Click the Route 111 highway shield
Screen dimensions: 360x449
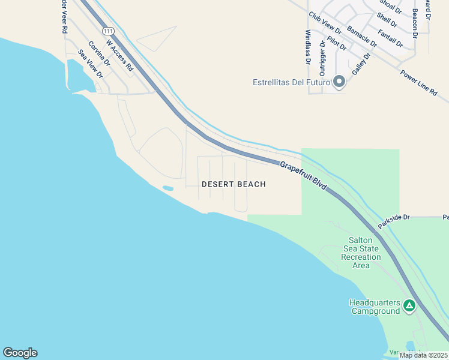(108, 31)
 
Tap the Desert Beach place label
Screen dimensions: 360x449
(234, 184)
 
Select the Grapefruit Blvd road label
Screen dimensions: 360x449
(303, 175)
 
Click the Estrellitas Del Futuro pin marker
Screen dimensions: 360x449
(339, 82)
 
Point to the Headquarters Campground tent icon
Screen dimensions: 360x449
(409, 307)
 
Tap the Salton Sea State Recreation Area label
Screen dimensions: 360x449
(361, 253)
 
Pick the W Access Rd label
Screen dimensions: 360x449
(119, 55)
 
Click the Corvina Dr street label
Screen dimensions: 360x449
(99, 53)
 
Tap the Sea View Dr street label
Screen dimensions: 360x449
(91, 64)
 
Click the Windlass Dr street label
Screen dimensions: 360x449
(308, 47)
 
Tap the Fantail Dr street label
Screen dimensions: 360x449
(391, 39)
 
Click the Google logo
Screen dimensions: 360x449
(20, 353)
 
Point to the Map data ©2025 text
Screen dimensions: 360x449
(422, 355)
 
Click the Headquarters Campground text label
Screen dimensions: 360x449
(375, 307)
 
